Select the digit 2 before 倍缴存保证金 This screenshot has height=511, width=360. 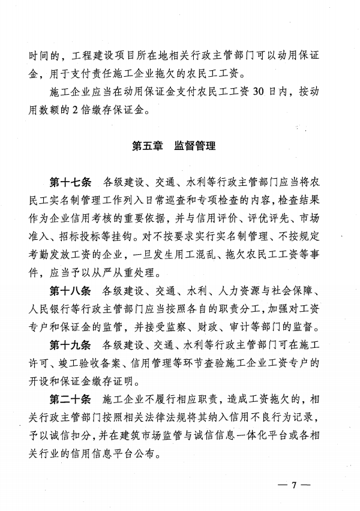point(85,110)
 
